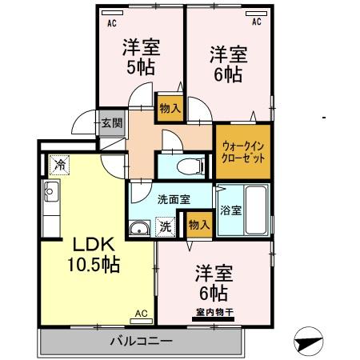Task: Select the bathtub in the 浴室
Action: tap(255, 209)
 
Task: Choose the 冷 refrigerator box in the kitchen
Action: tap(60, 165)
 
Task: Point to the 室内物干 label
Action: tap(212, 314)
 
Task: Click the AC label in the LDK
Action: tap(141, 314)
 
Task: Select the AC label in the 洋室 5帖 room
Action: tap(111, 22)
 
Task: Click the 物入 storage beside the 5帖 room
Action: tap(170, 106)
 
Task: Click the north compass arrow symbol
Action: tap(308, 342)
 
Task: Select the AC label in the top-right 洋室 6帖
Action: tap(257, 22)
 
